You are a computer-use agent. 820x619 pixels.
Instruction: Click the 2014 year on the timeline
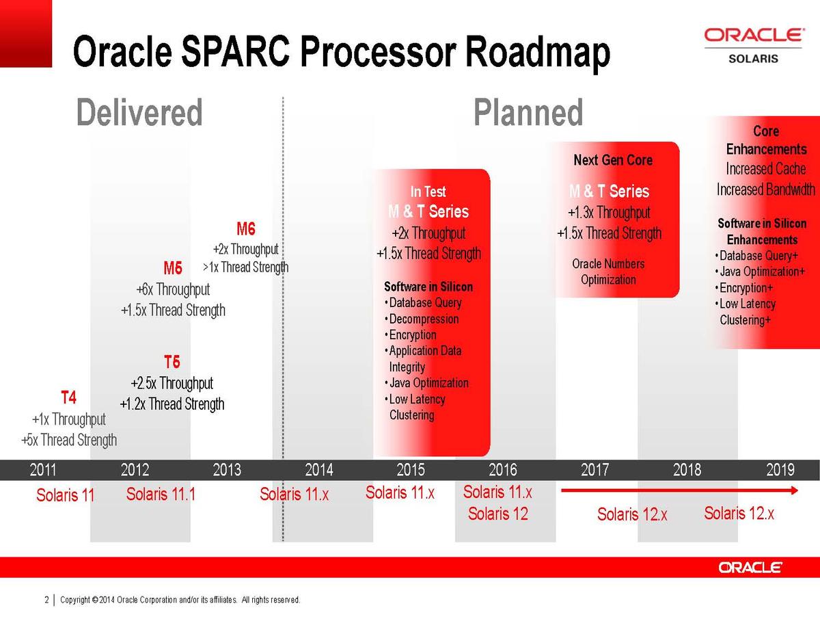(x=318, y=470)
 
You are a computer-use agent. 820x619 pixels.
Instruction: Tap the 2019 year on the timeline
(x=780, y=470)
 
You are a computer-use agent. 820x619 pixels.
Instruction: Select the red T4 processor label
(x=69, y=397)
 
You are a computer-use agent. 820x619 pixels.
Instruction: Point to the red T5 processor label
(x=172, y=362)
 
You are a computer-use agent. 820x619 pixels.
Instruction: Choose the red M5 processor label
(x=173, y=268)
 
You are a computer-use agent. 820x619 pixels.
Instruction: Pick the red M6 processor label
(x=246, y=228)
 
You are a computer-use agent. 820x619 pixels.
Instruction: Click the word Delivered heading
(x=139, y=112)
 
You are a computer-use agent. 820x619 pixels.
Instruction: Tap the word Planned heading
(x=528, y=112)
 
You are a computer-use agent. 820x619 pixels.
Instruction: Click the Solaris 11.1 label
(x=161, y=494)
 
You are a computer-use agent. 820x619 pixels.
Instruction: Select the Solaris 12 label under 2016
(x=498, y=514)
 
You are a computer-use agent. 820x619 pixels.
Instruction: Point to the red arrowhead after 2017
(x=794, y=490)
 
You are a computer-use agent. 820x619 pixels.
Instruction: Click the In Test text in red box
(x=428, y=192)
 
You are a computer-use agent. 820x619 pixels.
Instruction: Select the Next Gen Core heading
(x=613, y=160)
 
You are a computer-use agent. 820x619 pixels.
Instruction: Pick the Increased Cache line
(x=766, y=169)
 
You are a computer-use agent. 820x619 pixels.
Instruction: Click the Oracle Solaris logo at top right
(x=754, y=46)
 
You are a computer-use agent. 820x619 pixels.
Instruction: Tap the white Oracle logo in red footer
(x=750, y=568)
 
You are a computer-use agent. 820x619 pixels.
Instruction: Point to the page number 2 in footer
(x=46, y=600)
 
